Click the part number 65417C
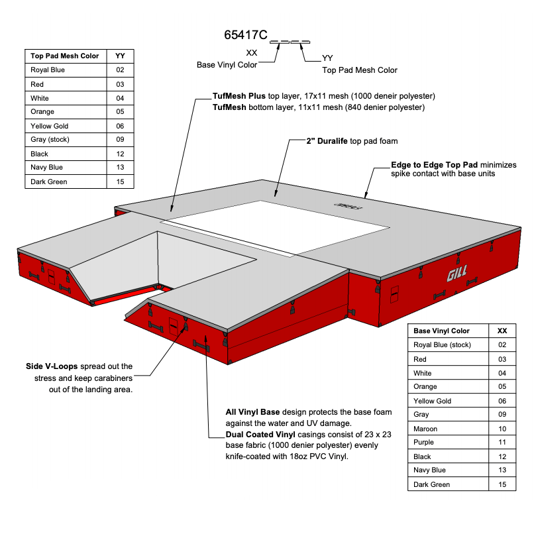[245, 36]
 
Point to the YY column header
[120, 56]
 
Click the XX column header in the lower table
[502, 331]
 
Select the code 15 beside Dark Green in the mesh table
[120, 182]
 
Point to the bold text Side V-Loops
[50, 366]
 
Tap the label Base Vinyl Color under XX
[227, 65]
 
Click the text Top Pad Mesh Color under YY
[359, 70]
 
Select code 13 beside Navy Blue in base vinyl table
[502, 470]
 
